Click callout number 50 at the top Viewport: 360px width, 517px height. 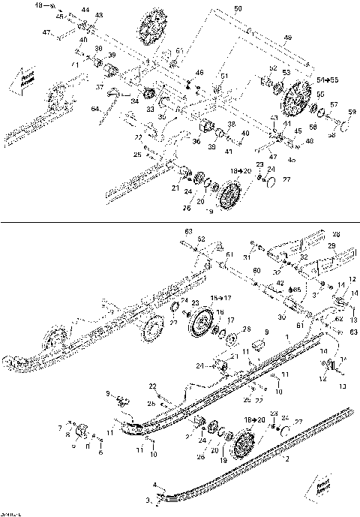[238, 8]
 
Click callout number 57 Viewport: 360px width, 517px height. [334, 104]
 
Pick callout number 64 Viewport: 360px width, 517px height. [95, 110]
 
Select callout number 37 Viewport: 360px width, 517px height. [100, 86]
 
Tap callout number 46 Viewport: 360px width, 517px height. [199, 72]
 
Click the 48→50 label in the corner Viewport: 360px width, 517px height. [46, 5]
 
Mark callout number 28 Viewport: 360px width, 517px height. [336, 234]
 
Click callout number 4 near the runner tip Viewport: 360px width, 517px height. [155, 486]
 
